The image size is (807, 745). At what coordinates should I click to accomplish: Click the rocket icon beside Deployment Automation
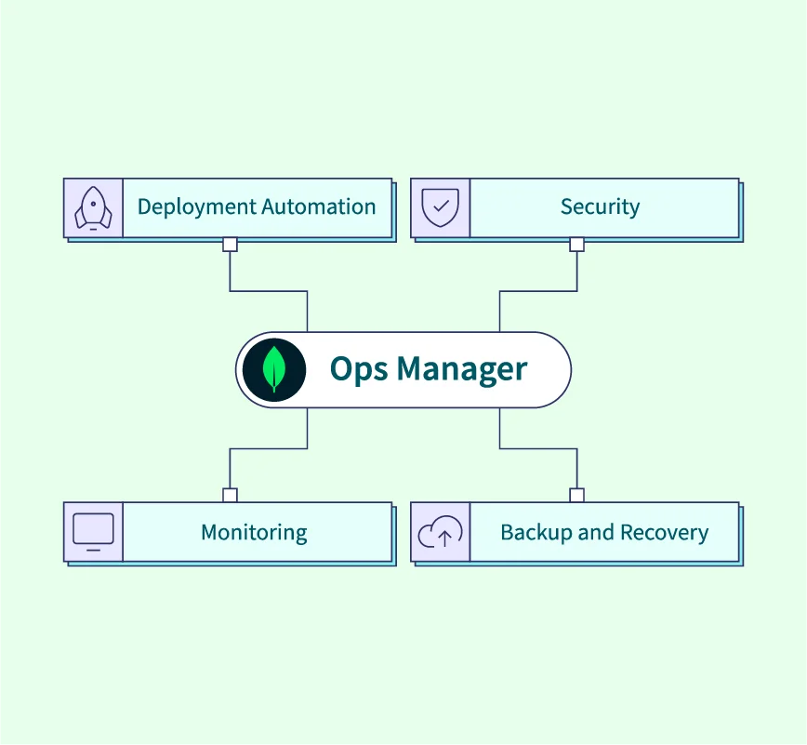(x=93, y=207)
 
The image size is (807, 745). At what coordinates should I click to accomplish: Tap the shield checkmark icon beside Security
(x=441, y=207)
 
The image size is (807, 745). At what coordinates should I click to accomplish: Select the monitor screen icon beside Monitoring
(x=93, y=532)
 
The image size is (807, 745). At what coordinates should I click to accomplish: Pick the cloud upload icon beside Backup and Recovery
(x=441, y=533)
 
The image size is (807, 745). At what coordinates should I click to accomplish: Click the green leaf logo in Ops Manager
(x=274, y=369)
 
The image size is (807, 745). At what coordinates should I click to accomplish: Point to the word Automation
(x=319, y=206)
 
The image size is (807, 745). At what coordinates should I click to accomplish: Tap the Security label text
(x=600, y=206)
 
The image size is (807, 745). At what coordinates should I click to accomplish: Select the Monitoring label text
(x=254, y=533)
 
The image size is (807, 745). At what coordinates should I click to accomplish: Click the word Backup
(x=533, y=532)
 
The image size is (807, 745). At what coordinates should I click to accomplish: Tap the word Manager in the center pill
(x=462, y=370)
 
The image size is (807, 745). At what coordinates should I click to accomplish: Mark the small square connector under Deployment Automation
(x=230, y=245)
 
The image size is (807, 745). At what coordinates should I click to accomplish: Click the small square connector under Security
(x=576, y=245)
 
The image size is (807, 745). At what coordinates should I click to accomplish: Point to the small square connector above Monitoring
(x=230, y=495)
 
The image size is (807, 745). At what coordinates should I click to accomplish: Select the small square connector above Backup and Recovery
(x=576, y=495)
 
